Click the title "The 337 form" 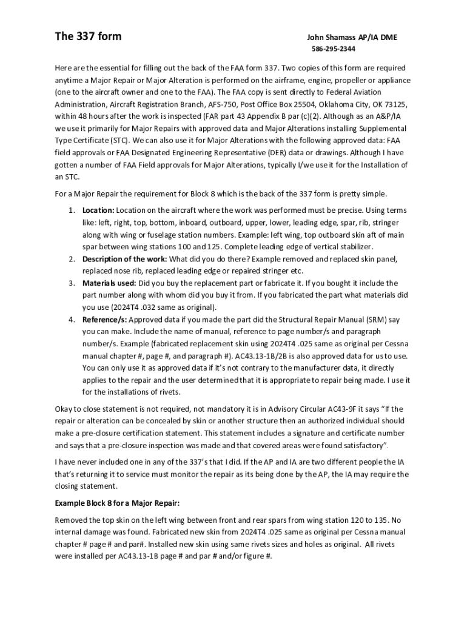click(x=88, y=36)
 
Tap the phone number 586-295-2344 click(x=334, y=49)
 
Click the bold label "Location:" click(x=98, y=210)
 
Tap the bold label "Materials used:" click(x=110, y=283)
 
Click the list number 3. click(x=70, y=283)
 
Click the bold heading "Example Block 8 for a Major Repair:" click(x=117, y=504)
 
